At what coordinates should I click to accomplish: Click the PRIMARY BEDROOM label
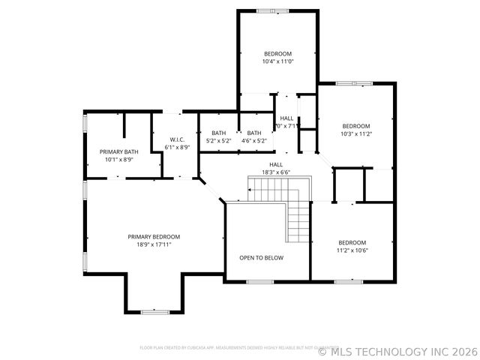click(x=154, y=236)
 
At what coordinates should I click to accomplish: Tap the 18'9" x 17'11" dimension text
click(x=154, y=244)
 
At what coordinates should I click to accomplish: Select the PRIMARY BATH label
click(x=118, y=151)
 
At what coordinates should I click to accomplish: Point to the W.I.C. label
click(x=177, y=139)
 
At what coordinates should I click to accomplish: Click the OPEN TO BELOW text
click(x=261, y=257)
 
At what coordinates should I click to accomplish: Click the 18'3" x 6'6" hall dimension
click(x=276, y=172)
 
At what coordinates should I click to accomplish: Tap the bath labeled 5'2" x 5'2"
click(x=218, y=137)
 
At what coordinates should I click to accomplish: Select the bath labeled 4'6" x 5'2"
click(x=254, y=137)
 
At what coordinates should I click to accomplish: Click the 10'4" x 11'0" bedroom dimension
click(x=277, y=62)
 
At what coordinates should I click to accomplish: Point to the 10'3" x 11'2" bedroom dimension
click(x=356, y=134)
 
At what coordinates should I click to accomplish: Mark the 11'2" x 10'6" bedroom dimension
click(x=352, y=250)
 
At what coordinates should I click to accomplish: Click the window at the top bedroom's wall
click(x=267, y=10)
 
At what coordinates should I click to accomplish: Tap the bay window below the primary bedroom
click(x=154, y=311)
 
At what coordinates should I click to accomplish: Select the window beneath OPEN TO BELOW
click(x=259, y=282)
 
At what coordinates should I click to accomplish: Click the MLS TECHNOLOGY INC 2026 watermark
click(x=398, y=350)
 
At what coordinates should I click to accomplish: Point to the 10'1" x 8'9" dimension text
click(x=118, y=160)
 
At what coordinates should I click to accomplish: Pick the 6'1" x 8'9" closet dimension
click(x=177, y=148)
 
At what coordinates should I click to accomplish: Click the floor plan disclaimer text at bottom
click(x=225, y=347)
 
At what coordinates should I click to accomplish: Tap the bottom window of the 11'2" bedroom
click(x=348, y=282)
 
